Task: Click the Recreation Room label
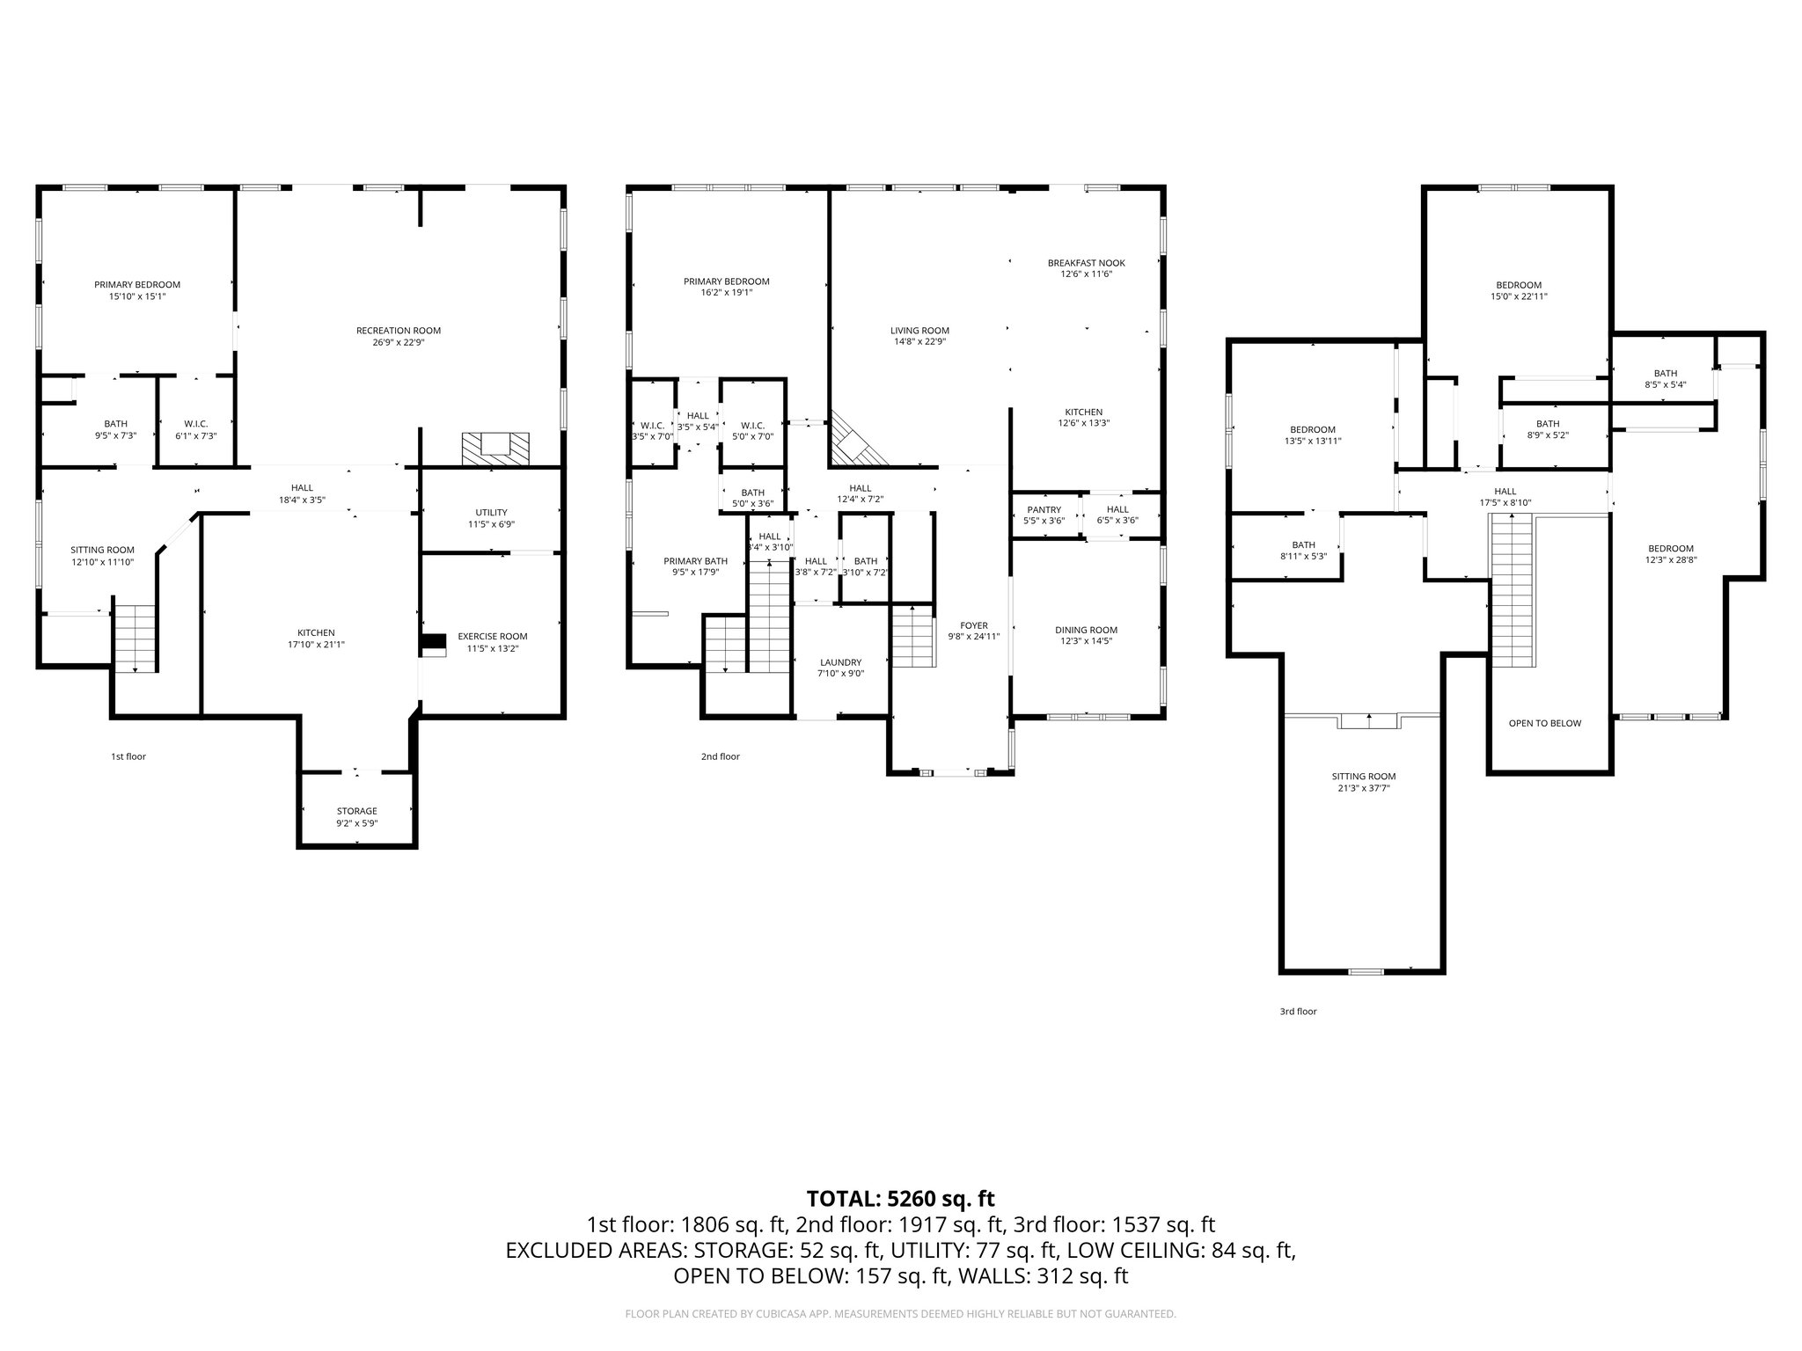click(398, 331)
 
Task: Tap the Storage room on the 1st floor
click(356, 811)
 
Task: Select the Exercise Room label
click(492, 636)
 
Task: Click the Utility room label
click(491, 512)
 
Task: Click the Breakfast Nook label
click(1086, 263)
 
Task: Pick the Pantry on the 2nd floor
click(1044, 509)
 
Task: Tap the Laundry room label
click(840, 662)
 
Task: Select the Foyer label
click(968, 625)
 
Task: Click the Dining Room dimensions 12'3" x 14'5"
click(1086, 642)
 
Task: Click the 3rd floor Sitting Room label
click(1363, 777)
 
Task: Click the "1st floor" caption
click(128, 756)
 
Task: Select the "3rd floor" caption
click(1298, 1011)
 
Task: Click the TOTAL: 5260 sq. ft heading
click(900, 1198)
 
